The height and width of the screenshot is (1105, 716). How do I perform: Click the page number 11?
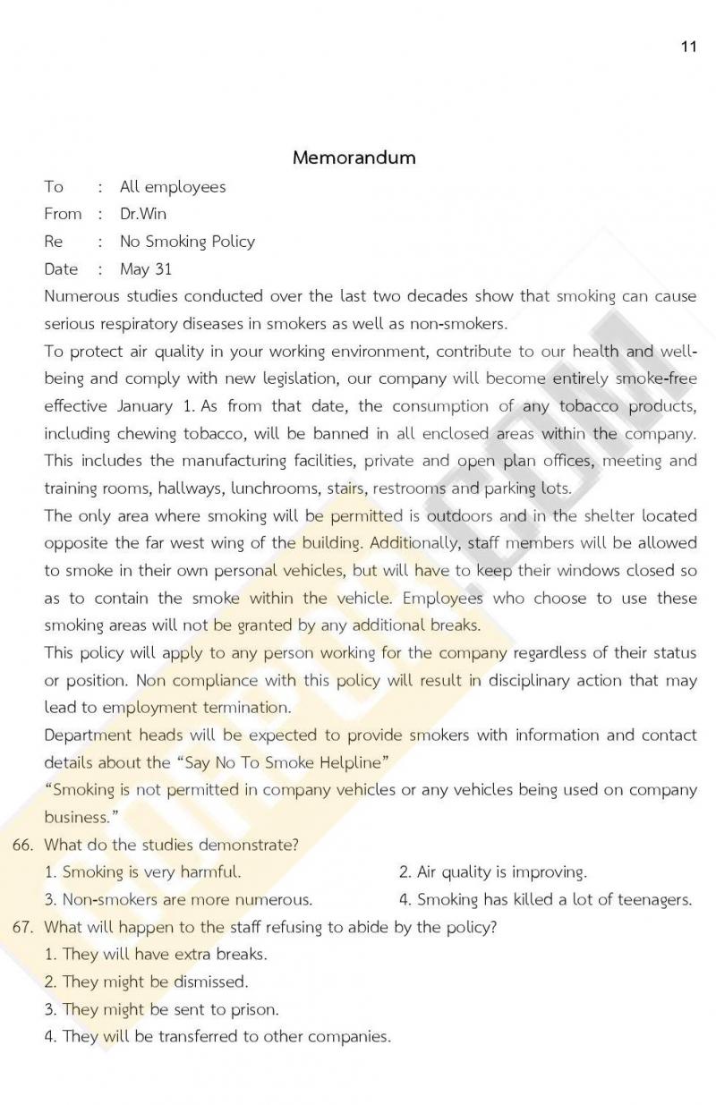pyautogui.click(x=688, y=47)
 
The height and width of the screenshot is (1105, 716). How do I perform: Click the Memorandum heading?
pyautogui.click(x=354, y=157)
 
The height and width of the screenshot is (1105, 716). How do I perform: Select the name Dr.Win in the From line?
pyautogui.click(x=143, y=214)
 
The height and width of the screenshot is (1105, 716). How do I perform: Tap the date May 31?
pyautogui.click(x=146, y=269)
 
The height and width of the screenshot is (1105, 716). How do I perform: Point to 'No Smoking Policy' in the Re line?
pyautogui.click(x=187, y=242)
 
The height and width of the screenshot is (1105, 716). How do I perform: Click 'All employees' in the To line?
pyautogui.click(x=173, y=187)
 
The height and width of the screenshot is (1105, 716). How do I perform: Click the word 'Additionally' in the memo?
pyautogui.click(x=411, y=543)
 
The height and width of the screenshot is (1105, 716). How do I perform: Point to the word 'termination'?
pyautogui.click(x=248, y=708)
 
